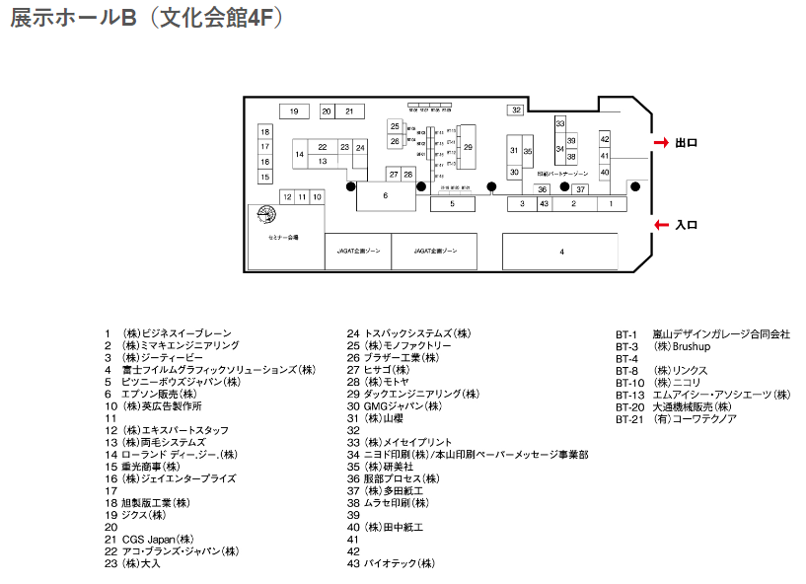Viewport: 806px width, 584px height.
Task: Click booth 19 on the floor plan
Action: (294, 111)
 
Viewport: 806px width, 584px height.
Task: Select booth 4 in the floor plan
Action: (560, 252)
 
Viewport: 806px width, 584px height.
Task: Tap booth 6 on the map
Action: (385, 195)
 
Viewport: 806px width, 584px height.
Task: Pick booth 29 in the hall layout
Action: (468, 147)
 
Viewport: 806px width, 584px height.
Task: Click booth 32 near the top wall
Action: (516, 110)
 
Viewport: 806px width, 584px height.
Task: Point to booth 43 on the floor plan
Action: (544, 203)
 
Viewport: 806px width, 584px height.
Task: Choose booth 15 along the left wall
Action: (264, 178)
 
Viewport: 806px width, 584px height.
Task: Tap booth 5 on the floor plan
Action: (452, 204)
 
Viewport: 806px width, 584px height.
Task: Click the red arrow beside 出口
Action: (661, 143)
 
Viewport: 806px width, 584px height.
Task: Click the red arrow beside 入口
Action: (661, 226)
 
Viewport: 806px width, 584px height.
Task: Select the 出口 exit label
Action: (687, 143)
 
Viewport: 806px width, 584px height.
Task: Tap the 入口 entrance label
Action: (687, 226)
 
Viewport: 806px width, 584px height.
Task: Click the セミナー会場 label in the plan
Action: (283, 238)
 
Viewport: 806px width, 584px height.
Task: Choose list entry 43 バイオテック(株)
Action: (391, 564)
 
